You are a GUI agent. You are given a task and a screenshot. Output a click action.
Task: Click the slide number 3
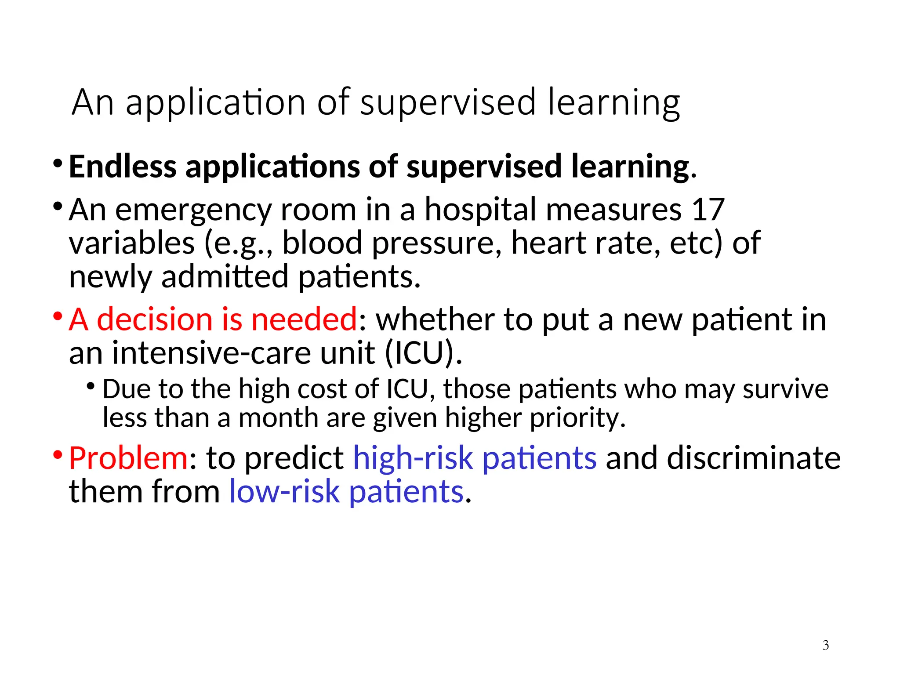click(825, 645)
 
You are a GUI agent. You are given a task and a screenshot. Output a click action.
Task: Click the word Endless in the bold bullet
click(123, 167)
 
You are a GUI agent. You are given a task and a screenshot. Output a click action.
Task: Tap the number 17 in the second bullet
click(708, 210)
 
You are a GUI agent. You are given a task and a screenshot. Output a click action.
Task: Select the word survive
click(785, 389)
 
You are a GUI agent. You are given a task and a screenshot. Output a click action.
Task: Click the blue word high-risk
click(413, 458)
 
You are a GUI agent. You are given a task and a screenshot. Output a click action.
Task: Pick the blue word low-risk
click(284, 492)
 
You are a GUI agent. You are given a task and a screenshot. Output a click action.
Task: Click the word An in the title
click(93, 102)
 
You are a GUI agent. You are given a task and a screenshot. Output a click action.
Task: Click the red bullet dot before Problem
click(58, 454)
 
